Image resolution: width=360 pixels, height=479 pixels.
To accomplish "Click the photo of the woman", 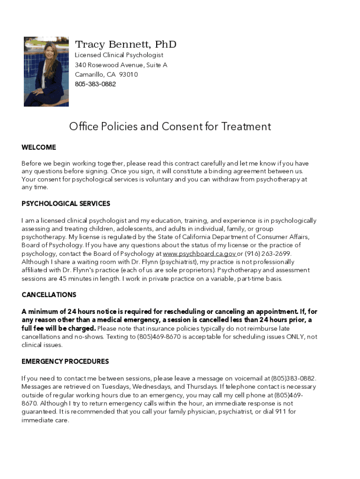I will tap(46, 72).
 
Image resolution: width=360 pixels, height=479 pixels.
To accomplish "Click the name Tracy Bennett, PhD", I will tap(126, 44).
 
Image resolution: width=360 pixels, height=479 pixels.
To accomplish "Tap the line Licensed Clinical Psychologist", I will tap(119, 55).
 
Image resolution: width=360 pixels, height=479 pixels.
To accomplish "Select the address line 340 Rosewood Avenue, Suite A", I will tap(121, 65).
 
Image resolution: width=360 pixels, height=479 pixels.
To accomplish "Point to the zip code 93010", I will tap(129, 74).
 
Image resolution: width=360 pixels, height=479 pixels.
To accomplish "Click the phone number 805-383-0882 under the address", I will tap(95, 84).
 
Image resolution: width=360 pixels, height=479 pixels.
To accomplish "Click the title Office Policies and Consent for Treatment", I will tap(170, 126).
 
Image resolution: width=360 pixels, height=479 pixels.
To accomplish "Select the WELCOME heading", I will tap(39, 147).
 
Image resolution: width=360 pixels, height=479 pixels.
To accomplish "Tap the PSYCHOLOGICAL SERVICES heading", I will tap(66, 203).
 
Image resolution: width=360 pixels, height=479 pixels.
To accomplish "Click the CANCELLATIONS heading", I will tap(49, 295).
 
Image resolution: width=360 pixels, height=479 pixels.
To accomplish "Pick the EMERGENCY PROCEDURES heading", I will tap(65, 361).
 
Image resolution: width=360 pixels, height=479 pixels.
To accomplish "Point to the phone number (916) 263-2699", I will tap(271, 254).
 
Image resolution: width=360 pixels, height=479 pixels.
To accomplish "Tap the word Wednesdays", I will tap(152, 387).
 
